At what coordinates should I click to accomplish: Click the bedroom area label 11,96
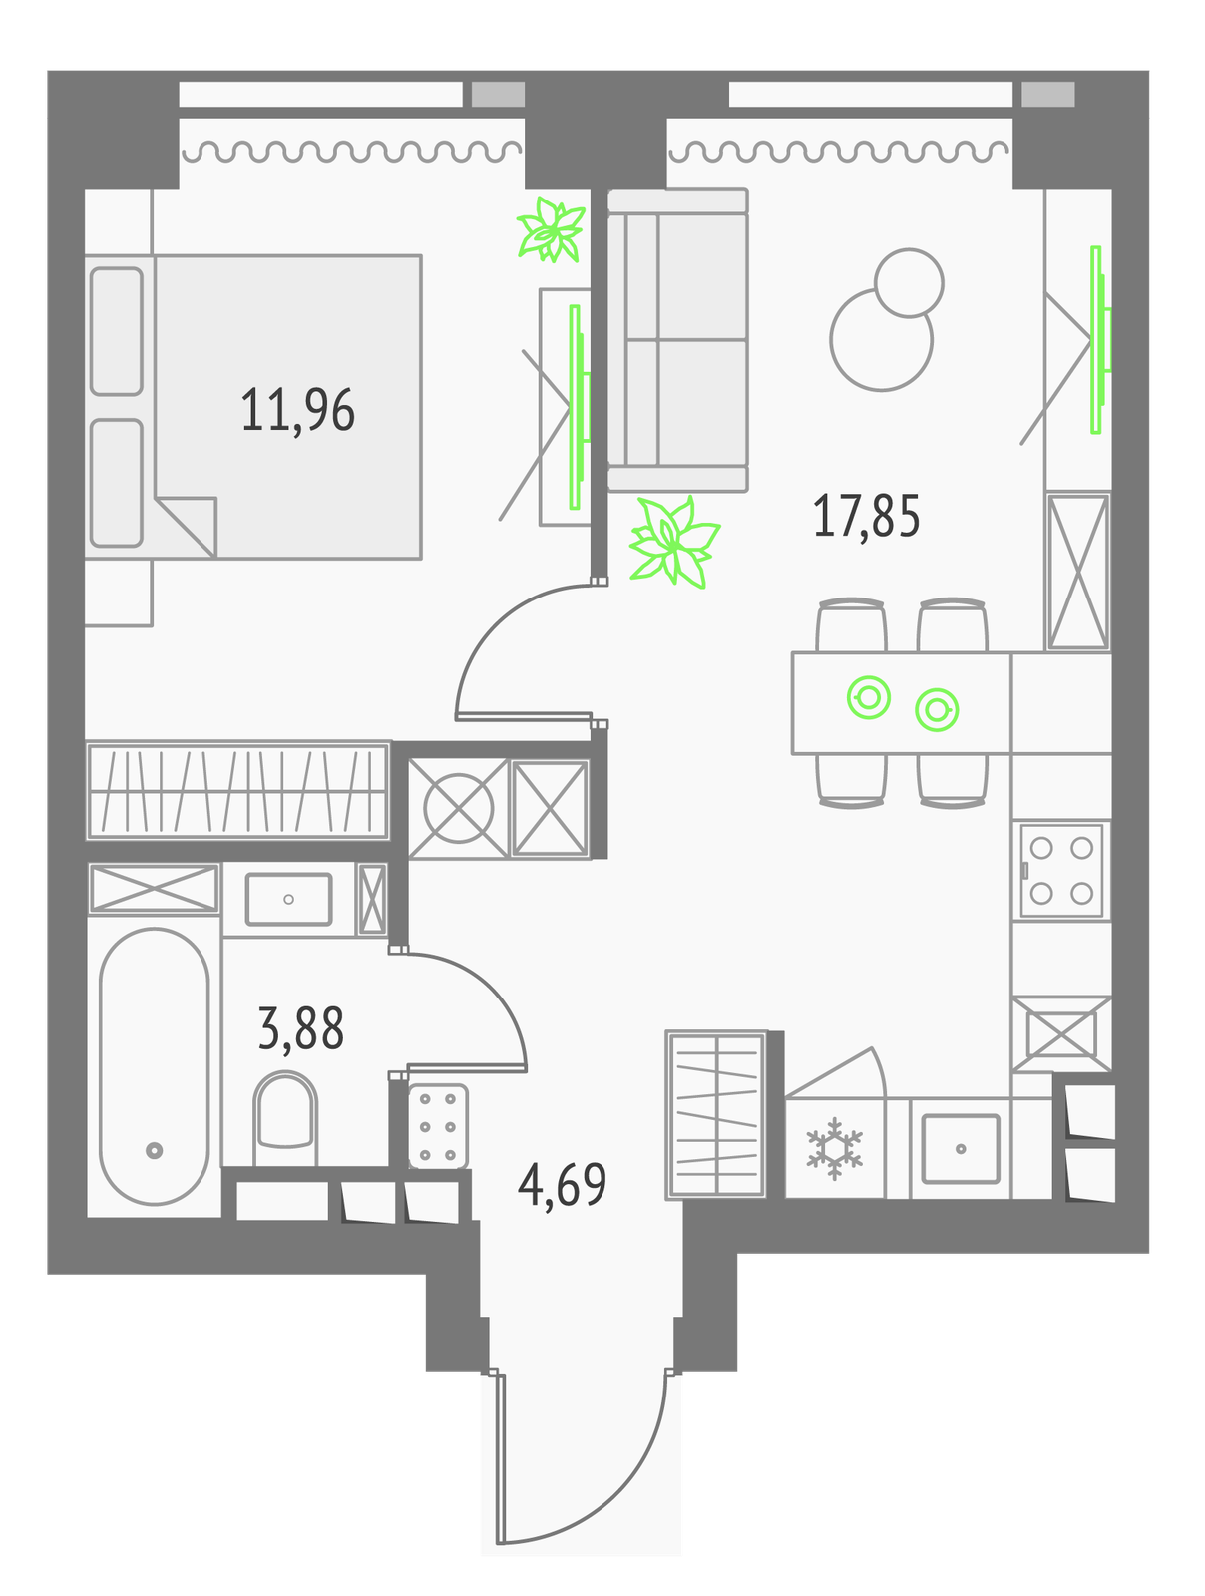[297, 410]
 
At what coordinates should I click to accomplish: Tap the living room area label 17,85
[865, 516]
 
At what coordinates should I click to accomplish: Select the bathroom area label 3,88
[301, 1028]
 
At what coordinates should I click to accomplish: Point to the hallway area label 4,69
[562, 1184]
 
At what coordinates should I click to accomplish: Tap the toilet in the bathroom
[285, 1119]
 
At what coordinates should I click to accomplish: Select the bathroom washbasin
[288, 900]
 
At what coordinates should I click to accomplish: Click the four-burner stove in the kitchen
[1060, 871]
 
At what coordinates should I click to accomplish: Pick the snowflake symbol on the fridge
[834, 1148]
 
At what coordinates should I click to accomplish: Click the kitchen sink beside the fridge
[960, 1149]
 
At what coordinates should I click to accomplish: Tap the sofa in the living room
[677, 339]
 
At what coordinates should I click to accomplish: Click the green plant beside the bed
[551, 229]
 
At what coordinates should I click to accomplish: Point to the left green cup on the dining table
[869, 697]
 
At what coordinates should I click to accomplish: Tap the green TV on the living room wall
[1099, 339]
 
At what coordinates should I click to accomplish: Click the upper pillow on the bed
[117, 331]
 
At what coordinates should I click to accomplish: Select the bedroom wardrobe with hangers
[237, 790]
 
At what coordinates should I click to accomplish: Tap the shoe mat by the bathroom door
[438, 1126]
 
